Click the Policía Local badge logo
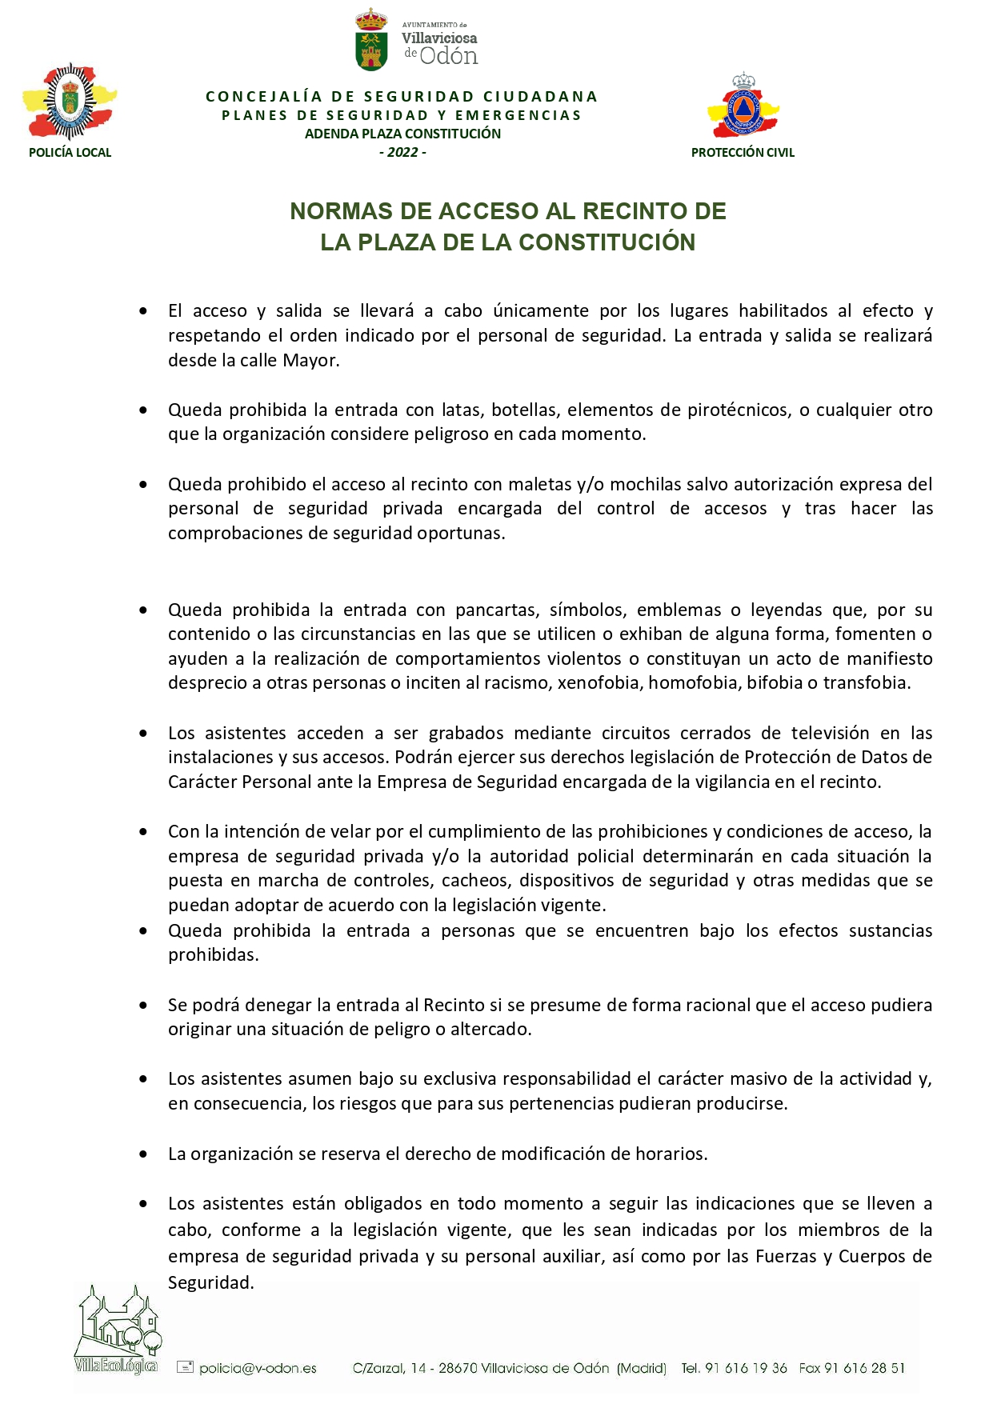tap(70, 102)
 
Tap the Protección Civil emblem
tap(743, 106)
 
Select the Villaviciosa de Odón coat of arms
tap(371, 40)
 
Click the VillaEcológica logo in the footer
tap(118, 1329)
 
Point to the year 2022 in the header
tap(402, 152)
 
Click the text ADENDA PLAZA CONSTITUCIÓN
tap(402, 134)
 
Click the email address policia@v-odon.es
tap(258, 1368)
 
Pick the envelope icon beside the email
tap(185, 1367)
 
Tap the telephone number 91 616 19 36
tap(746, 1368)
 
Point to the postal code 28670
tap(457, 1368)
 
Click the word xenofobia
tap(599, 683)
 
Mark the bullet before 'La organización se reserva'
tap(143, 1154)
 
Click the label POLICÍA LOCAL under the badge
tap(70, 153)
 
